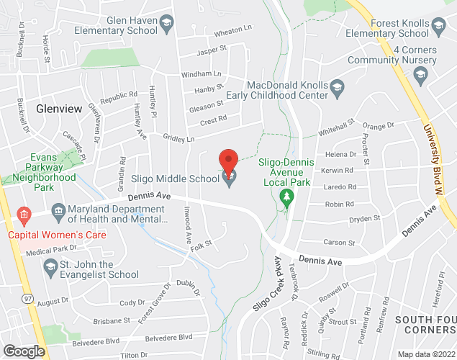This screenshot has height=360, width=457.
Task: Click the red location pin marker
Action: click(229, 161)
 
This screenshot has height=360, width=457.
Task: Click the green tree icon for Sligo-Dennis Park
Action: click(287, 196)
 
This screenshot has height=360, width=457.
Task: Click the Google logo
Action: click(23, 351)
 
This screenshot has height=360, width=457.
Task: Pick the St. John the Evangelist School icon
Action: click(50, 269)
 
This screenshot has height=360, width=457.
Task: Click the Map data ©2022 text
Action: click(426, 354)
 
